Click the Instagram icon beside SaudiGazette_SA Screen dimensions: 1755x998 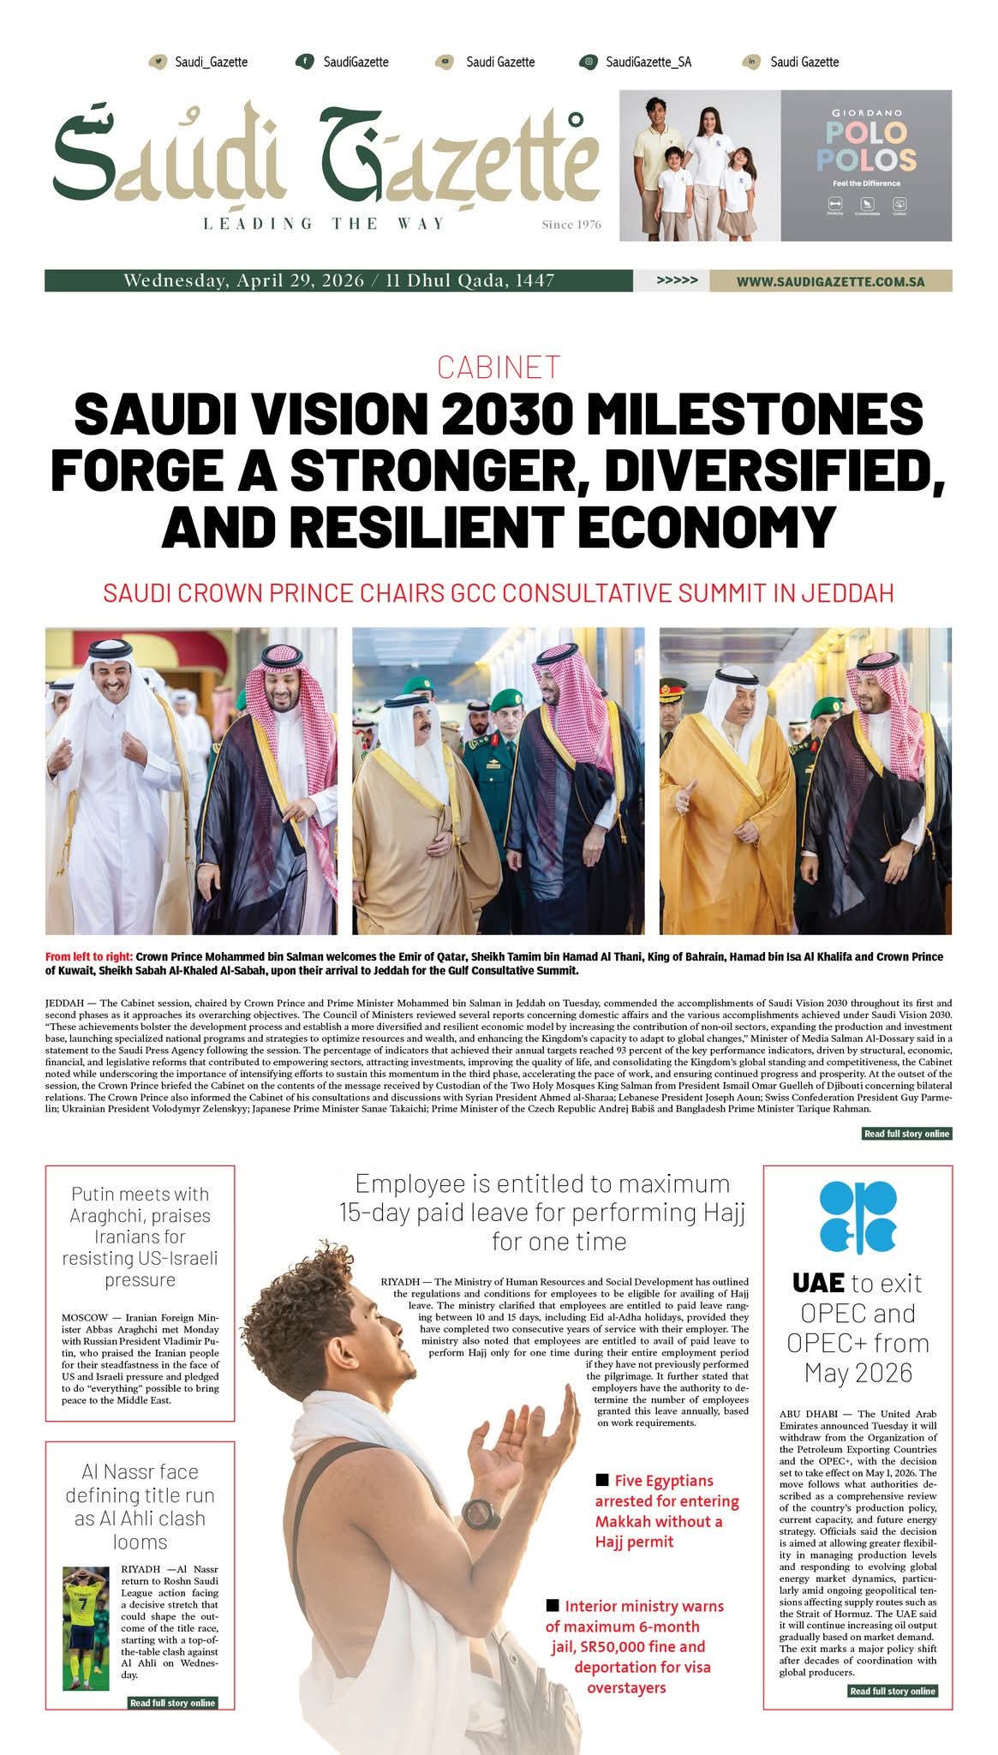pyautogui.click(x=589, y=62)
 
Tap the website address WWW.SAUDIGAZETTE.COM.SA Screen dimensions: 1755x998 pyautogui.click(x=830, y=281)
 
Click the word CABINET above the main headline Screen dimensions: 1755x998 pyautogui.click(x=499, y=367)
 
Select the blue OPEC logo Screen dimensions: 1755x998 pyautogui.click(x=858, y=1217)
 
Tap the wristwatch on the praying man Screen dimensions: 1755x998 pyautogui.click(x=481, y=1513)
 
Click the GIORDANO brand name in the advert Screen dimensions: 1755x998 pyautogui.click(x=867, y=112)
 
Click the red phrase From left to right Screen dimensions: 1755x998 pyautogui.click(x=89, y=956)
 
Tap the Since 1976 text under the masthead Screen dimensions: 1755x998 pyautogui.click(x=571, y=225)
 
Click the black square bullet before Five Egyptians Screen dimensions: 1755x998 pyautogui.click(x=602, y=1480)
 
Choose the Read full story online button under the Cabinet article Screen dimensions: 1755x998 pyautogui.click(x=906, y=1134)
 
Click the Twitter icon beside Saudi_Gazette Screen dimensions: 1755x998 pyautogui.click(x=158, y=62)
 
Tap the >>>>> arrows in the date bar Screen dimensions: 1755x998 pyautogui.click(x=677, y=280)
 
